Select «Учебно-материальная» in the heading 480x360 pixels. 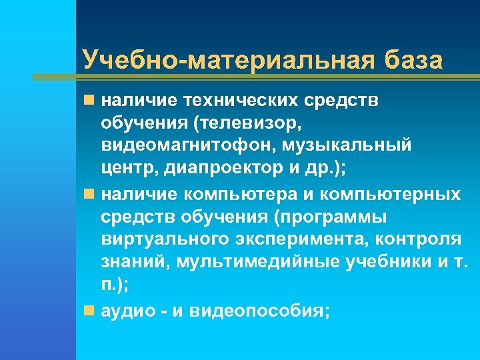point(228,59)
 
